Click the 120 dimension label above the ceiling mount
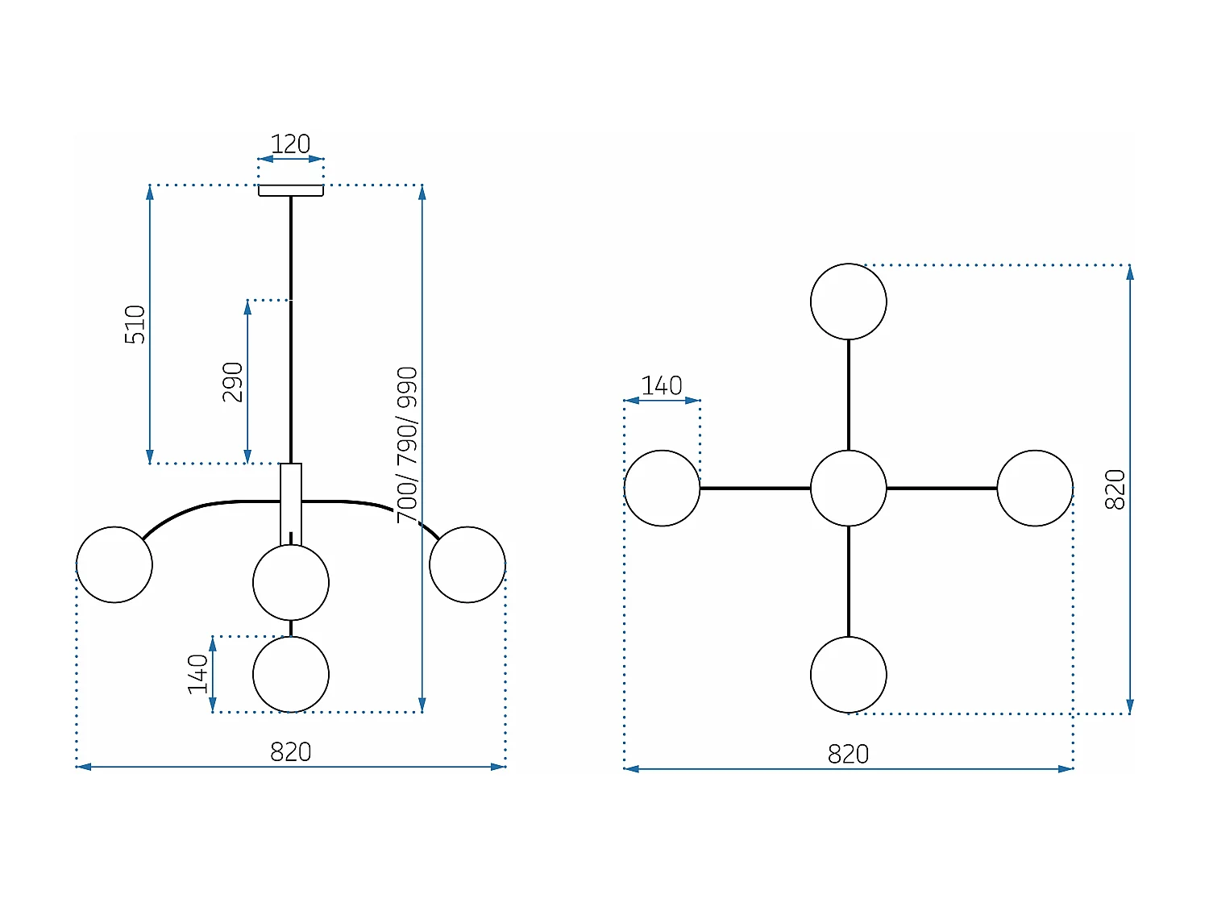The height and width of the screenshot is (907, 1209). coord(290,144)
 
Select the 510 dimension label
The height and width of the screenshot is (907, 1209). coord(135,324)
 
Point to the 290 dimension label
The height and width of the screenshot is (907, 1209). coord(233,382)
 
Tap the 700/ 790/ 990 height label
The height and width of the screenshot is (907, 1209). coord(408,444)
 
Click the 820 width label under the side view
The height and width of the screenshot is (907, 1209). coord(290,752)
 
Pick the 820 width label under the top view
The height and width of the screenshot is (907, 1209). coord(848,755)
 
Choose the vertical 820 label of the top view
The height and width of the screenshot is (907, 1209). coord(1115,489)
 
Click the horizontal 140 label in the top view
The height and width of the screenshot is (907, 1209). coord(662,385)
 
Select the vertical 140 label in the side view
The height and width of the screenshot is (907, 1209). coord(198,674)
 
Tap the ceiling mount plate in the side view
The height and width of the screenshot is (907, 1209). coord(290,190)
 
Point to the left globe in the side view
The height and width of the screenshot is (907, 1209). coord(114,564)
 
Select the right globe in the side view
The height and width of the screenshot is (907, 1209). coord(467,564)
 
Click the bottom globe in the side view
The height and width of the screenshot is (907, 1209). coord(290,674)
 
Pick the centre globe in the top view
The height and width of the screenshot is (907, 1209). coord(848,489)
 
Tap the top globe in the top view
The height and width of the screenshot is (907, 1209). coord(848,302)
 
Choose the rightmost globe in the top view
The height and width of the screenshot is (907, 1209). coord(1035,489)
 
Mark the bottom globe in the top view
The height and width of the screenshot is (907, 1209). coord(848,675)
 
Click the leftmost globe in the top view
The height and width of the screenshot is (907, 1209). coord(662,489)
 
